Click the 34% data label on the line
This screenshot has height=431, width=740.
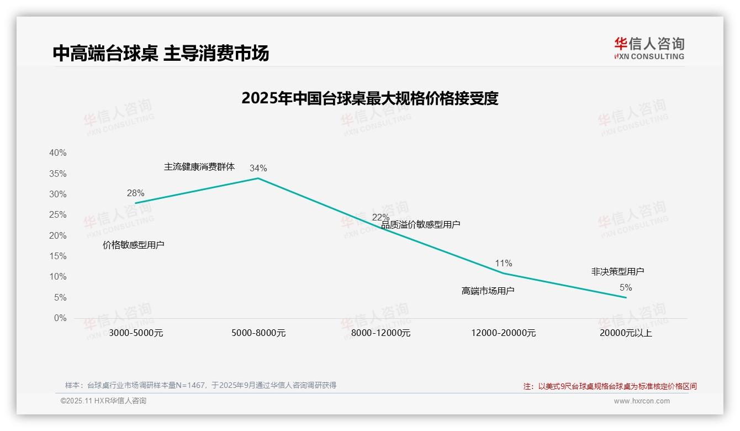(258, 168)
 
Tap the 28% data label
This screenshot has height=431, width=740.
(135, 193)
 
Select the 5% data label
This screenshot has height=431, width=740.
(626, 288)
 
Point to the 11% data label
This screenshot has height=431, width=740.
(504, 263)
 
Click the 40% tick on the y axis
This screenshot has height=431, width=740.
(57, 153)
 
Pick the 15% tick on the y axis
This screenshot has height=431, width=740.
(57, 256)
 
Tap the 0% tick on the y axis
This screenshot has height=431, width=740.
(60, 318)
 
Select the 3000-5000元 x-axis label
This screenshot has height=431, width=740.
(136, 333)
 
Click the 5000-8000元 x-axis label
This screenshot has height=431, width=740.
(258, 333)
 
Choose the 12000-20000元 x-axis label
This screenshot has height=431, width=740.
(504, 333)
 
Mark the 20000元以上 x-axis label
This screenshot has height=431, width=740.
(626, 333)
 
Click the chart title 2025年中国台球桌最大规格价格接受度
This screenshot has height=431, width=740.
(370, 98)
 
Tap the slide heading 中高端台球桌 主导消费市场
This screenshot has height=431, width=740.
(161, 53)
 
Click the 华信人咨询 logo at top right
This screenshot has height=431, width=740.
(649, 48)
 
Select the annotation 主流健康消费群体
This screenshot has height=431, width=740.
(199, 166)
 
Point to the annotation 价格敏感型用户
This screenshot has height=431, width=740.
(134, 245)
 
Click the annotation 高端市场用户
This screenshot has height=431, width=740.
(488, 291)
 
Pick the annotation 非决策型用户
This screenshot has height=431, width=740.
(617, 271)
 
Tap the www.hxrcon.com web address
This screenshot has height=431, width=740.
(642, 401)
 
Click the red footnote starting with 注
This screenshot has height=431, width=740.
(610, 386)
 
